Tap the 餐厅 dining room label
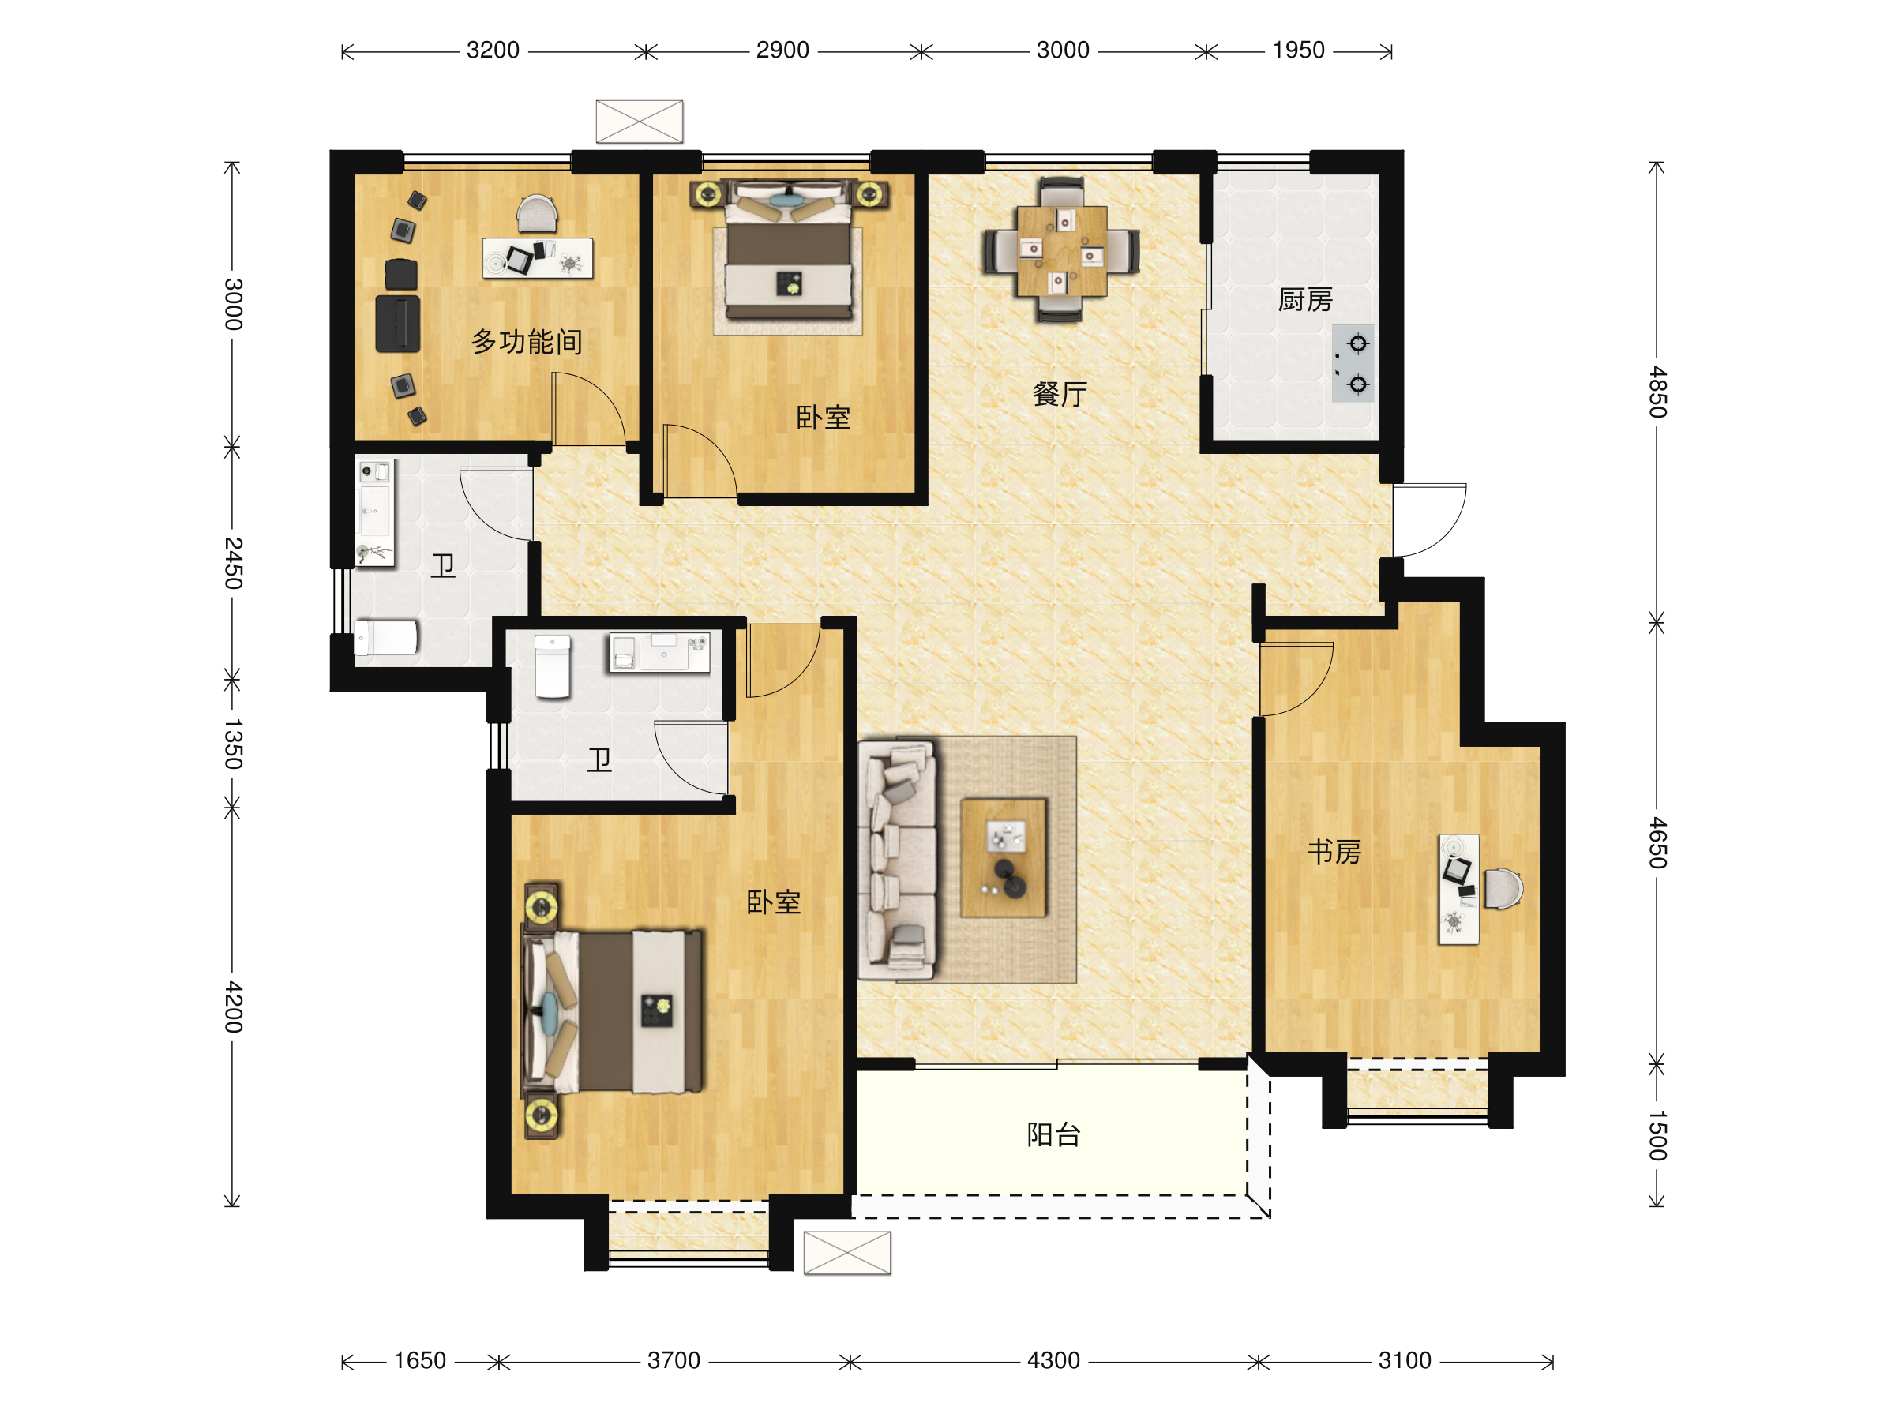click(x=1060, y=394)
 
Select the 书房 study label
click(x=1334, y=853)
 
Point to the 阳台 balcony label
click(x=1054, y=1135)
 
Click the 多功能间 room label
click(x=527, y=342)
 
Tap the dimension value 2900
click(x=782, y=50)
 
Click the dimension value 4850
click(x=1657, y=392)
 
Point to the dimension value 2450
click(x=233, y=563)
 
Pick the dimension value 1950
click(x=1298, y=50)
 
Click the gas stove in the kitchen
click(x=1353, y=363)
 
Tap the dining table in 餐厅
click(x=1061, y=251)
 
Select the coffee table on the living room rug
click(x=1004, y=858)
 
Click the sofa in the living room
click(x=897, y=860)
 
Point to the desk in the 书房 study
click(x=1459, y=889)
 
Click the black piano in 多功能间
click(x=397, y=323)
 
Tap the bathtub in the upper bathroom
click(x=386, y=637)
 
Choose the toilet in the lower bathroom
click(x=553, y=666)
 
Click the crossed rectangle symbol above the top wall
click(x=639, y=122)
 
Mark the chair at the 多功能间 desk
click(x=537, y=214)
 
